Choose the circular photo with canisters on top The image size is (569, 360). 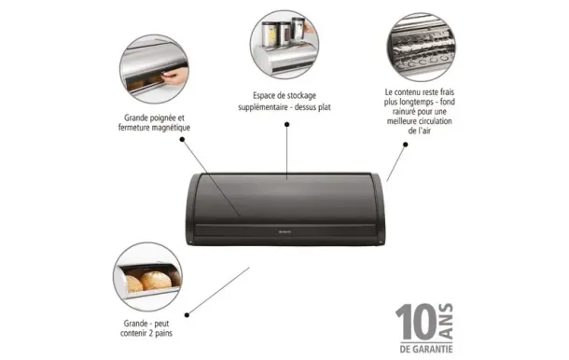coord(286,44)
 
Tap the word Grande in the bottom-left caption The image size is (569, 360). coord(136,321)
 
